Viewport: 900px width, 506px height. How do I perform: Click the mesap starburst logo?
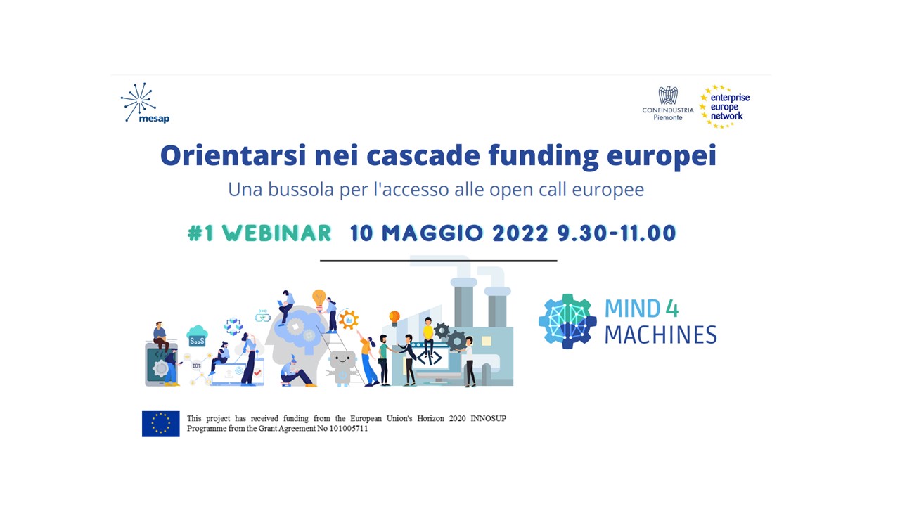(139, 102)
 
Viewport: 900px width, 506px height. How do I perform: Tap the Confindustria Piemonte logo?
(668, 103)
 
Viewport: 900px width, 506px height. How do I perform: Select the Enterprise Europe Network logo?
(724, 107)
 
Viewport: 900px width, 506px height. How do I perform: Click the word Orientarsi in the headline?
(233, 155)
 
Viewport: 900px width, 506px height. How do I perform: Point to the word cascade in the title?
(423, 155)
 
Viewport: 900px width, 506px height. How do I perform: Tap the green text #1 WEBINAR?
(259, 233)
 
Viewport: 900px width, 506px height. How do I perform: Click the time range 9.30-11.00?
(617, 233)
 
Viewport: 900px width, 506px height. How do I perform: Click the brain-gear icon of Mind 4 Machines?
(567, 321)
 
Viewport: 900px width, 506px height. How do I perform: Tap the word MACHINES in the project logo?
(660, 335)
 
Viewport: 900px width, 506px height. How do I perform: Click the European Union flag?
(161, 424)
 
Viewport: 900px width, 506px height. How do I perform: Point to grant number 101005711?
(348, 429)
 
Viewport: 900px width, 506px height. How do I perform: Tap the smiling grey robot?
(342, 368)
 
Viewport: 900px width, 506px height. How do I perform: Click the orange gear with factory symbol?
(348, 320)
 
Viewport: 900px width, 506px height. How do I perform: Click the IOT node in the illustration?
(196, 366)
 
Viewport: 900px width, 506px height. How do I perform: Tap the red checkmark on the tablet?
(257, 372)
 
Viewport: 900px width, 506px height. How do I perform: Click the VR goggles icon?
(262, 317)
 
